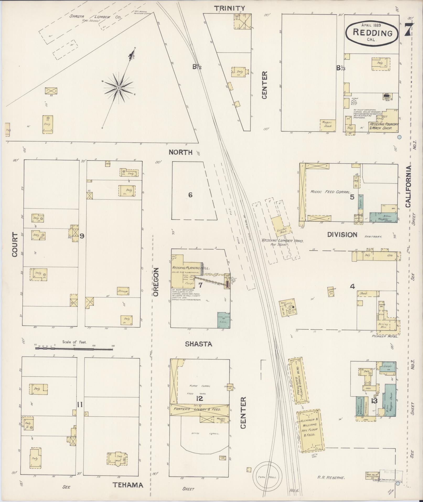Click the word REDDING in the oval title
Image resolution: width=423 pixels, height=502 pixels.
[x=372, y=33]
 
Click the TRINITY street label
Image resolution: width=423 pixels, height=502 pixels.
[x=230, y=8]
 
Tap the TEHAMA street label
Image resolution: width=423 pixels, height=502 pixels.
[x=128, y=485]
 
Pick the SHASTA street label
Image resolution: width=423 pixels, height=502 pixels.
[x=198, y=344]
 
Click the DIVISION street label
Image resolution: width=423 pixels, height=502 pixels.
[x=342, y=235]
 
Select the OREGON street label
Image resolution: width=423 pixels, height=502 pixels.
[x=156, y=282]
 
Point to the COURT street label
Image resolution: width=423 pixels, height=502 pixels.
[x=15, y=244]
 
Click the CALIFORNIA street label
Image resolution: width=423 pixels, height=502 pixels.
[x=409, y=187]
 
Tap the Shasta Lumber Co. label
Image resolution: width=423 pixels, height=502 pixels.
[x=95, y=17]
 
